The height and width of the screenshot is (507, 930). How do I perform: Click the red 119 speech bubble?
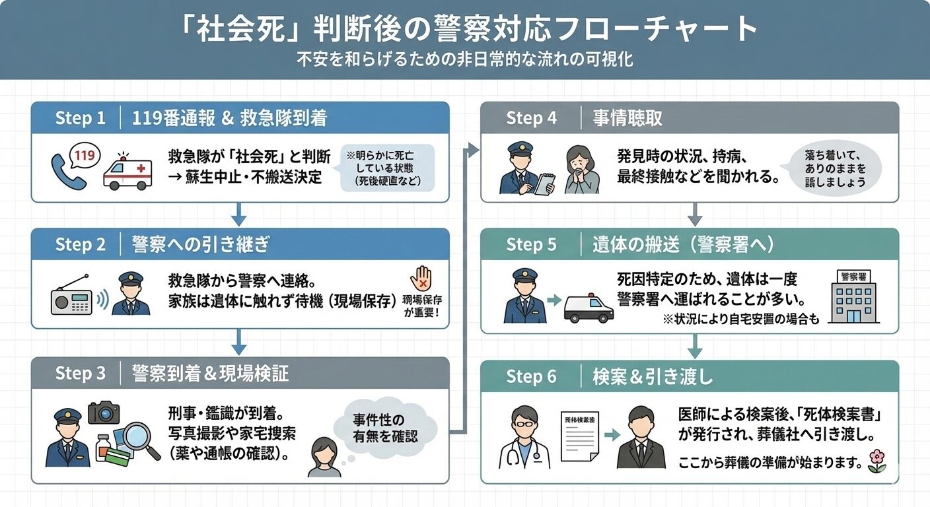[x=85, y=156]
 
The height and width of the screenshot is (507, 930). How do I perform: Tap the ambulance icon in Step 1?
[x=127, y=172]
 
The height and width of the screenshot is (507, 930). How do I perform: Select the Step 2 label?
[x=80, y=244]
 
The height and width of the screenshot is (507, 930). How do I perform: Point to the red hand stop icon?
[x=421, y=279]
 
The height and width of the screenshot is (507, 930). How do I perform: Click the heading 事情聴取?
[x=627, y=118]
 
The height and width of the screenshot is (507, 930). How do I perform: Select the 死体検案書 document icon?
[x=580, y=436]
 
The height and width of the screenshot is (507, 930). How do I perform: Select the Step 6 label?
[x=531, y=377]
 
